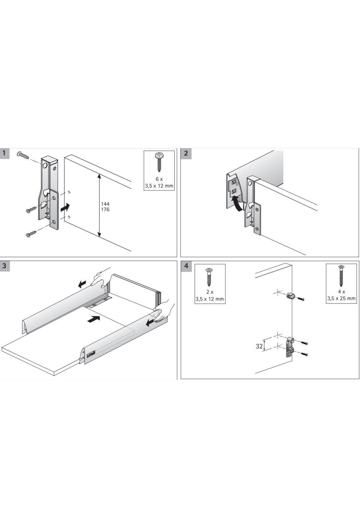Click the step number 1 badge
[4, 153]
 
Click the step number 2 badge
[186, 153]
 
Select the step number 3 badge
[4, 266]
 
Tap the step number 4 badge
[186, 266]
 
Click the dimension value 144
[105, 204]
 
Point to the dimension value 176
[105, 209]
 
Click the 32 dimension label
[259, 346]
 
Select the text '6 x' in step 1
[159, 179]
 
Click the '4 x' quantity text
[341, 292]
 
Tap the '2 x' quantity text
[210, 292]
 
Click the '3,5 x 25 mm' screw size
[341, 298]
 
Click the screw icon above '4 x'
[341, 276]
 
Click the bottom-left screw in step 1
[31, 233]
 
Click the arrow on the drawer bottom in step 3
[93, 319]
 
